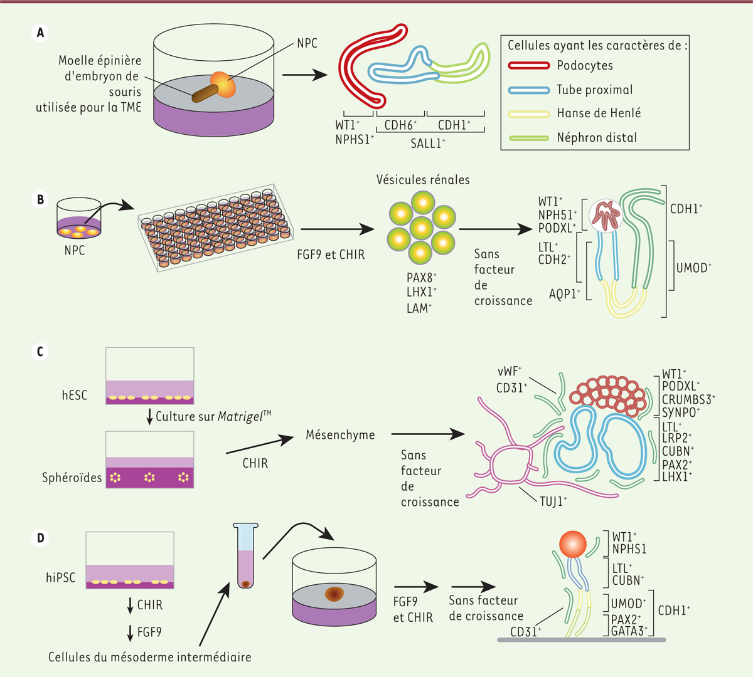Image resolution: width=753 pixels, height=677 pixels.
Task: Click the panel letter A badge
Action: (40, 33)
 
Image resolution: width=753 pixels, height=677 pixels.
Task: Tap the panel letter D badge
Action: (40, 538)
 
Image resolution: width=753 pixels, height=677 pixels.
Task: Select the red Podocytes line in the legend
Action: (528, 66)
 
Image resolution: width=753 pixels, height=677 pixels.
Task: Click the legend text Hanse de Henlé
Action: (599, 113)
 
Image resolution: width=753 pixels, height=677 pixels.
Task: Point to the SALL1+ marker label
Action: (428, 144)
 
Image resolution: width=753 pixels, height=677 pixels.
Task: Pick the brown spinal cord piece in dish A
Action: (205, 94)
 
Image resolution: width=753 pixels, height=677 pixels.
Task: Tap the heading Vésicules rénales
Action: (423, 180)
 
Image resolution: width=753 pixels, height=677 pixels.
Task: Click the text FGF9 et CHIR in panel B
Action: (331, 255)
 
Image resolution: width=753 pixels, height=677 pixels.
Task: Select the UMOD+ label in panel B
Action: (694, 268)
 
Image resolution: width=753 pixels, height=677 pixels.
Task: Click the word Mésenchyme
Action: (340, 434)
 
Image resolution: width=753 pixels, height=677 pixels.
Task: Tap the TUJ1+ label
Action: (553, 501)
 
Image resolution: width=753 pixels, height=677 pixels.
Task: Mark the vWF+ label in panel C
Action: (510, 372)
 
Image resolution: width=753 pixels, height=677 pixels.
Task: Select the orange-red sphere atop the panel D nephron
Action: (572, 543)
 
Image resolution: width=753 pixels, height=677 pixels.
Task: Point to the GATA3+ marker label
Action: (629, 631)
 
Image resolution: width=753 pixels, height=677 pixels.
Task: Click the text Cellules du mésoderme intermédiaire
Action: (150, 657)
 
